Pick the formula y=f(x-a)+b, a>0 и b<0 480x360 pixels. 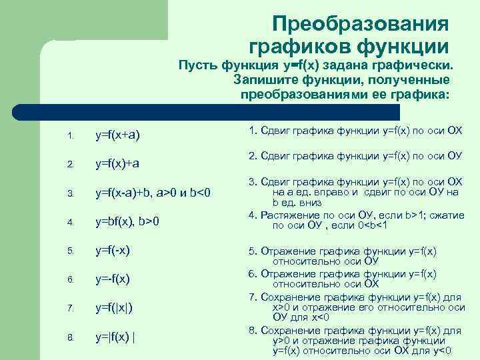coord(153,193)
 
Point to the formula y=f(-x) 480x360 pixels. coord(113,251)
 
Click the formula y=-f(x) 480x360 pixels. coord(113,279)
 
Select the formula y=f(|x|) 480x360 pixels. coord(114,307)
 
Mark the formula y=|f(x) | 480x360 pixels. coord(115,336)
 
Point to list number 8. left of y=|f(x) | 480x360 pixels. coord(71,337)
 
